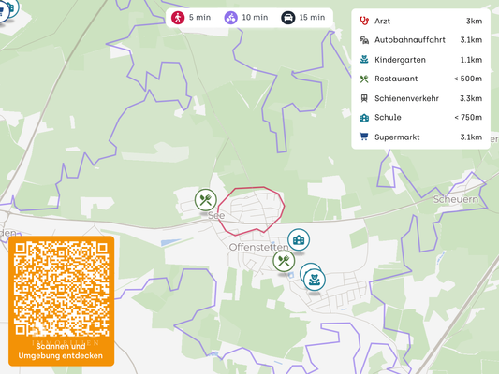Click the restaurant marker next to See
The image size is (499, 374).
206,199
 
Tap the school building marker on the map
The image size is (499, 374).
298,240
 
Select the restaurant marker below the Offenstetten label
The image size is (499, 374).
284,262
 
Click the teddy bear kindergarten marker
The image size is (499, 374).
315,278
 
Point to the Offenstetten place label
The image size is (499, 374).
255,247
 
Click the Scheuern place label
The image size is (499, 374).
456,199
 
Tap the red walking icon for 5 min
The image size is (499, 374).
178,18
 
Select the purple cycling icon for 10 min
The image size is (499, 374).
230,18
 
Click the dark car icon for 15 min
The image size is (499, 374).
288,18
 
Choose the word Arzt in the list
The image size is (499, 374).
384,21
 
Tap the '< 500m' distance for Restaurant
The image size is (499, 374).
468,79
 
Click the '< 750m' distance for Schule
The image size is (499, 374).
468,118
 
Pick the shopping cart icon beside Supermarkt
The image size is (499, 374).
363,137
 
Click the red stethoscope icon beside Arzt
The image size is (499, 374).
363,21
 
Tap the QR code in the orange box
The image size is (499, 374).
62,289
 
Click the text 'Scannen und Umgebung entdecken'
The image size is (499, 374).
62,351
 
